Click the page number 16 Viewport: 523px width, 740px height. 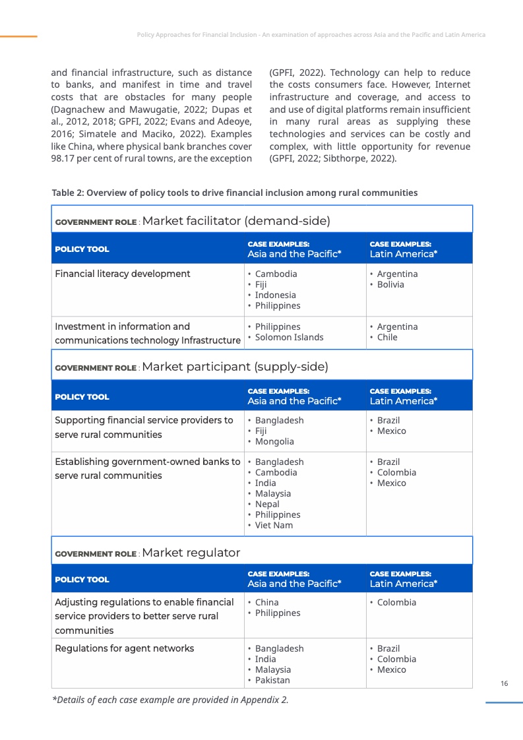coord(504,684)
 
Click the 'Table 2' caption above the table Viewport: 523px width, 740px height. coord(234,193)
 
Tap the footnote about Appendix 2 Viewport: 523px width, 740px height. coord(170,700)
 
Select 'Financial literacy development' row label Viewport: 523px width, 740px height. coord(122,274)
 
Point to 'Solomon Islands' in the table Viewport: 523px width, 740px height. coord(289,338)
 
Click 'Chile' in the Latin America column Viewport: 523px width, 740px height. coord(387,338)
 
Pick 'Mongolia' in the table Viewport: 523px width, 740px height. coord(274,442)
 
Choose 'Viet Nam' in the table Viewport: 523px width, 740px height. coord(274,526)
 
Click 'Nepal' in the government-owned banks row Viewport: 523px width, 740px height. coord(267,505)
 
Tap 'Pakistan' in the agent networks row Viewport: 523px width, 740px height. coord(272,681)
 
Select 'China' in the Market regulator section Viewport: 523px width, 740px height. coord(266,602)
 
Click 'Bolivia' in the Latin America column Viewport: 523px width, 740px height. coord(390,285)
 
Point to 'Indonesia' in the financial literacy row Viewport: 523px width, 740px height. coord(275,295)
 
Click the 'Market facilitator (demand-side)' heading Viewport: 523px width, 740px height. coord(235,221)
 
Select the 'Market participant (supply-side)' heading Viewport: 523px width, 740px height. coord(235,367)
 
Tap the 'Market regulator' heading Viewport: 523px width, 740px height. coord(191,553)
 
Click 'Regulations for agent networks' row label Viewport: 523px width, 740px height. coord(124,648)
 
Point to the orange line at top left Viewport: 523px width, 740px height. coord(18,36)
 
